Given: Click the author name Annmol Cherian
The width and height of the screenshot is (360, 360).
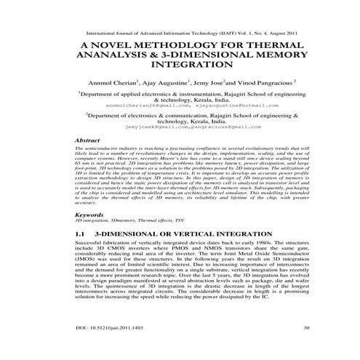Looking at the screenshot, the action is (110, 84).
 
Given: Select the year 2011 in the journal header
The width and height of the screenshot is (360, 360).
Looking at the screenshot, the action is (265, 33).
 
